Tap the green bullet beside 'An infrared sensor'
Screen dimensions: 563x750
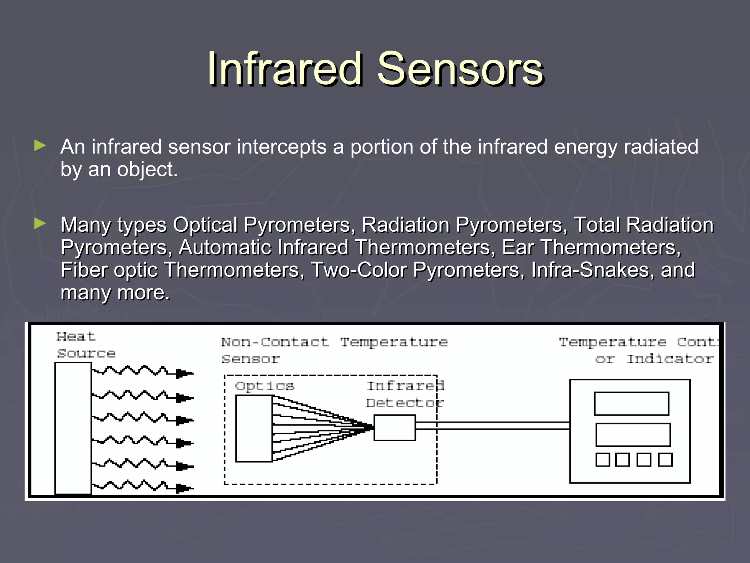40,146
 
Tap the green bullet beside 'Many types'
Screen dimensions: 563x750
40,223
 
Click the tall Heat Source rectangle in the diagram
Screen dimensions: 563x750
73,428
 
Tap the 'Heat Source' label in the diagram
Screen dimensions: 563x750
85,345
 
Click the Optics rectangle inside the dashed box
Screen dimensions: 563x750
254,428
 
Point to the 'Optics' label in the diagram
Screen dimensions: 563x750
264,386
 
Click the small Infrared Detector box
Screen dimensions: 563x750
394,427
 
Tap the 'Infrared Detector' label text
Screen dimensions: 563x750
405,394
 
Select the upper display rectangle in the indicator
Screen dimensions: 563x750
631,404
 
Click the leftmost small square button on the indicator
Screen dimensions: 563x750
603,459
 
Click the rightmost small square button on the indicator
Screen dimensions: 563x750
665,459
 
